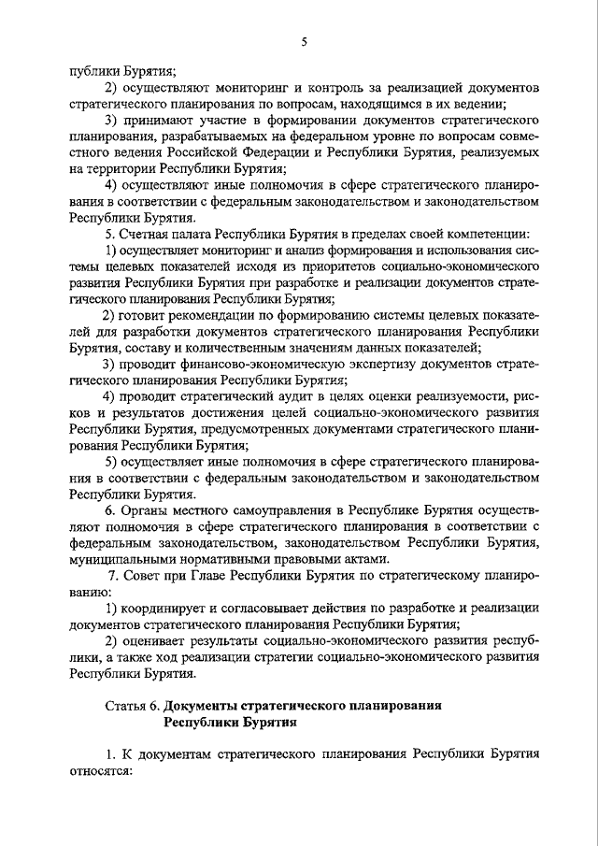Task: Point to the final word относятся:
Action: (x=101, y=771)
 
